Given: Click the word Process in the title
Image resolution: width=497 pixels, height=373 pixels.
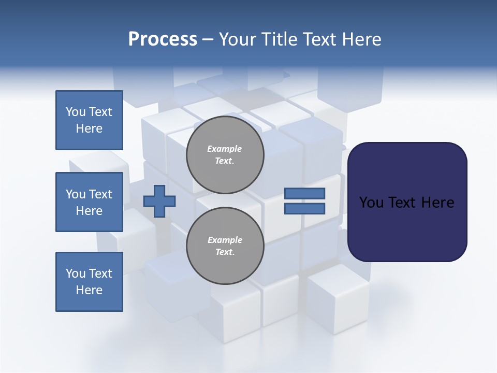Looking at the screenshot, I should pyautogui.click(x=163, y=39).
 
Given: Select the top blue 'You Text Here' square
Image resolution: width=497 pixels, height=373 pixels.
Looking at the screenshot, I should pyautogui.click(x=89, y=120).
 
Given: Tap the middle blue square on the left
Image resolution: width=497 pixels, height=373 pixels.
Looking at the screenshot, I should pyautogui.click(x=89, y=202).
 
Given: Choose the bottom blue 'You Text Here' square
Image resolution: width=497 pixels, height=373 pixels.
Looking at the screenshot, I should pyautogui.click(x=89, y=282).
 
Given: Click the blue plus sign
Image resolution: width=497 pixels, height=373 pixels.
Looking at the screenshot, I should pyautogui.click(x=159, y=201).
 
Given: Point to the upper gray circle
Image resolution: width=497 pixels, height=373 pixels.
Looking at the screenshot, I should pyautogui.click(x=225, y=155).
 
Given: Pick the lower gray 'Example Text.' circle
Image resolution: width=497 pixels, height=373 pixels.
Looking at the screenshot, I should pyautogui.click(x=225, y=246).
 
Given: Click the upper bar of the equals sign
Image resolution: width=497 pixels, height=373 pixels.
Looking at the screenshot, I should pyautogui.click(x=304, y=193).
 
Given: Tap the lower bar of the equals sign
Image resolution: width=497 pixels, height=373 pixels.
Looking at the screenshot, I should pyautogui.click(x=304, y=209).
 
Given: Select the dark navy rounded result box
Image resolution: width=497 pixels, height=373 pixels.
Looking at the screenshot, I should pyautogui.click(x=407, y=202).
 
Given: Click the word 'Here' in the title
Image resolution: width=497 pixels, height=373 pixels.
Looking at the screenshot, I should pyautogui.click(x=361, y=39).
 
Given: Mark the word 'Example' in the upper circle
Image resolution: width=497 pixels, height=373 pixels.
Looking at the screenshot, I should pyautogui.click(x=225, y=149).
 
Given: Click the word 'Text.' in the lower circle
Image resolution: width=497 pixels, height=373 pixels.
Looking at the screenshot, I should pyautogui.click(x=225, y=252).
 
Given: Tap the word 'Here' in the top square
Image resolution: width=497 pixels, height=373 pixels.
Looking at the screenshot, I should pyautogui.click(x=89, y=128).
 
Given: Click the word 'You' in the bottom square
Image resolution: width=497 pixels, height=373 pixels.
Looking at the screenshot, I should pyautogui.click(x=76, y=274).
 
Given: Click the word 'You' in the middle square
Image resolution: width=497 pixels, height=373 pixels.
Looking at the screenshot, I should pyautogui.click(x=76, y=194).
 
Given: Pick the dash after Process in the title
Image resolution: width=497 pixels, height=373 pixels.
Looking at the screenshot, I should pyautogui.click(x=208, y=39).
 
